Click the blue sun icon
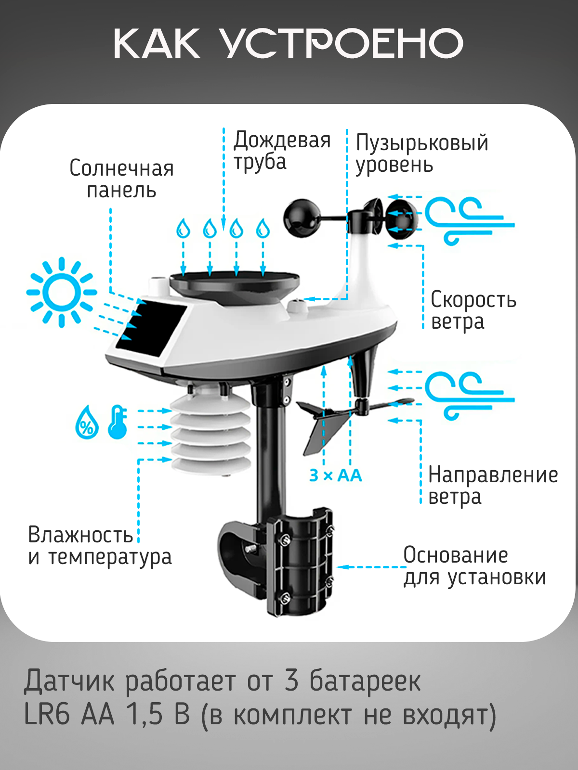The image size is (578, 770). click(61, 292)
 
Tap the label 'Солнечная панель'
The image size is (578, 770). click(121, 179)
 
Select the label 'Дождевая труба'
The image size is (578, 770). click(282, 151)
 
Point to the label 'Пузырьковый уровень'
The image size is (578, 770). click(421, 154)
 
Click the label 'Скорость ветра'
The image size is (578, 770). click(473, 310)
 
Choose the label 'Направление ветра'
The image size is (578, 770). click(492, 486)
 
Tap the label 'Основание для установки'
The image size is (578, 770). click(474, 566)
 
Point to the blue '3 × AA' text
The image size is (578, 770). click(335, 475)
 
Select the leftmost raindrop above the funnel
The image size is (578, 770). click(183, 228)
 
